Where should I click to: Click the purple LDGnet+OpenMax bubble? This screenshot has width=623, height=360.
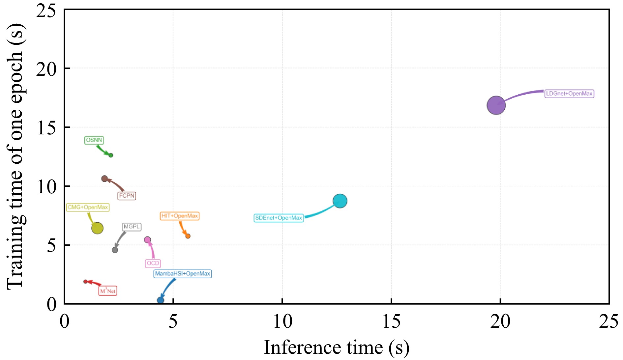(x=496, y=105)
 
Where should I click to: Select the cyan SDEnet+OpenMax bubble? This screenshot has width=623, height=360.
(x=340, y=201)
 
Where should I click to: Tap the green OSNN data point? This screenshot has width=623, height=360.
(x=111, y=155)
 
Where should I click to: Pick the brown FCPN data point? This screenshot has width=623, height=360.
(x=104, y=179)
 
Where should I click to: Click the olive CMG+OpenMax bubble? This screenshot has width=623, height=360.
(x=97, y=228)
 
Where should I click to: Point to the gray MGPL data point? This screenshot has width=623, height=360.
(x=115, y=250)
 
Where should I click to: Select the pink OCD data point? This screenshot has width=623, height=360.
(x=147, y=240)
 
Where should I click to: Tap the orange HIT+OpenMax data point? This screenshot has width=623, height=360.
(x=188, y=236)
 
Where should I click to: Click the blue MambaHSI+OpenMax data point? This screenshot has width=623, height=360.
(x=161, y=300)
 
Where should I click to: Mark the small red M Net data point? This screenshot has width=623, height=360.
(x=86, y=281)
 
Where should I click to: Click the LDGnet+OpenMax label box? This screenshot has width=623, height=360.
(x=569, y=94)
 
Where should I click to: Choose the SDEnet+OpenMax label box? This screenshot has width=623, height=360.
(x=279, y=218)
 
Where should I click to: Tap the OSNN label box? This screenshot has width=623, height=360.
(x=94, y=140)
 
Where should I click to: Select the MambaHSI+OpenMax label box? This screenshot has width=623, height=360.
(x=183, y=274)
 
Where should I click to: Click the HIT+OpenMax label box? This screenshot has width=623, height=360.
(x=180, y=216)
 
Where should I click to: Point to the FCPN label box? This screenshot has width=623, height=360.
(x=127, y=196)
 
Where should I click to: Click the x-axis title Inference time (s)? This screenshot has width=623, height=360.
(x=336, y=347)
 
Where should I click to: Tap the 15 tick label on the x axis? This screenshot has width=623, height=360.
(x=391, y=321)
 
